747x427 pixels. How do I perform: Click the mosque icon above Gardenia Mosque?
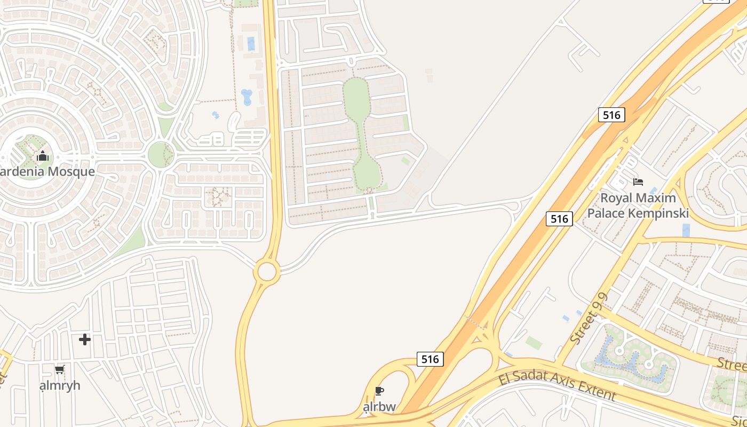click(43, 156)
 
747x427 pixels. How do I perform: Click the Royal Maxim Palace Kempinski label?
click(638, 205)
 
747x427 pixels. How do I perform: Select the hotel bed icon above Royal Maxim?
click(638, 182)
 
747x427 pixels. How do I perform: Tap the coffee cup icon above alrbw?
click(379, 391)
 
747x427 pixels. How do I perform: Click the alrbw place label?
click(379, 407)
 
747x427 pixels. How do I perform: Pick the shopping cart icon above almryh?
click(59, 369)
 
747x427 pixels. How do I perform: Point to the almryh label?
click(60, 385)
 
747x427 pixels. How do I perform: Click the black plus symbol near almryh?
click(85, 339)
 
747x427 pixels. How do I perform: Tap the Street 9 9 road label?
click(589, 319)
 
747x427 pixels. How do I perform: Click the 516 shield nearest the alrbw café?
click(430, 359)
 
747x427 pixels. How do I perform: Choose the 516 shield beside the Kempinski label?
click(559, 218)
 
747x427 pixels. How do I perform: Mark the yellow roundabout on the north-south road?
click(267, 271)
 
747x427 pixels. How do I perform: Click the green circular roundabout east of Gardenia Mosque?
click(160, 155)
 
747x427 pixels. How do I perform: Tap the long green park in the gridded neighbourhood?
click(360, 133)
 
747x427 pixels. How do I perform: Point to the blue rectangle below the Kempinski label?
click(686, 230)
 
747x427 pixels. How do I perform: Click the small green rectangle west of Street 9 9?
click(534, 342)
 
